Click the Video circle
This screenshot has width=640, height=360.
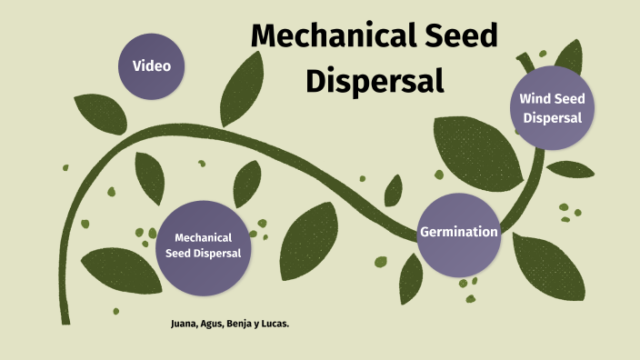coord(152,65)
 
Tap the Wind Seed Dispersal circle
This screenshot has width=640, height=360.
coord(552,108)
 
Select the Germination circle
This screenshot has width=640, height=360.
coord(459,233)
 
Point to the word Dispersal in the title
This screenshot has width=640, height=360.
coord(374,80)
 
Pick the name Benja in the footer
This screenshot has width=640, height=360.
coord(240,323)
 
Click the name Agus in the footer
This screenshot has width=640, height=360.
coord(213,323)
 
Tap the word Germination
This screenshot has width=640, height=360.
coord(459,232)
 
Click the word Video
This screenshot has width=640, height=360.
coord(152,65)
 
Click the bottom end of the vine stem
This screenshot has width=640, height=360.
coord(65,320)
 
